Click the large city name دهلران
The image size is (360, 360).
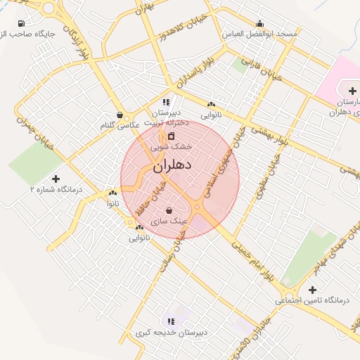[172, 167]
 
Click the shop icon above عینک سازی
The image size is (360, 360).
[169, 210]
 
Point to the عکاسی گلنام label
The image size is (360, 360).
[117, 124]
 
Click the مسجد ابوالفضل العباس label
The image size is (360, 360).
[259, 34]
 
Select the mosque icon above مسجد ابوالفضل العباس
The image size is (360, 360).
[260, 22]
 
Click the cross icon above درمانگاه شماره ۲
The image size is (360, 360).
[56, 179]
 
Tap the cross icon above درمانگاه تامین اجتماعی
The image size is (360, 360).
[312, 289]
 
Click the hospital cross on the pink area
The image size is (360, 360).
[352, 90]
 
